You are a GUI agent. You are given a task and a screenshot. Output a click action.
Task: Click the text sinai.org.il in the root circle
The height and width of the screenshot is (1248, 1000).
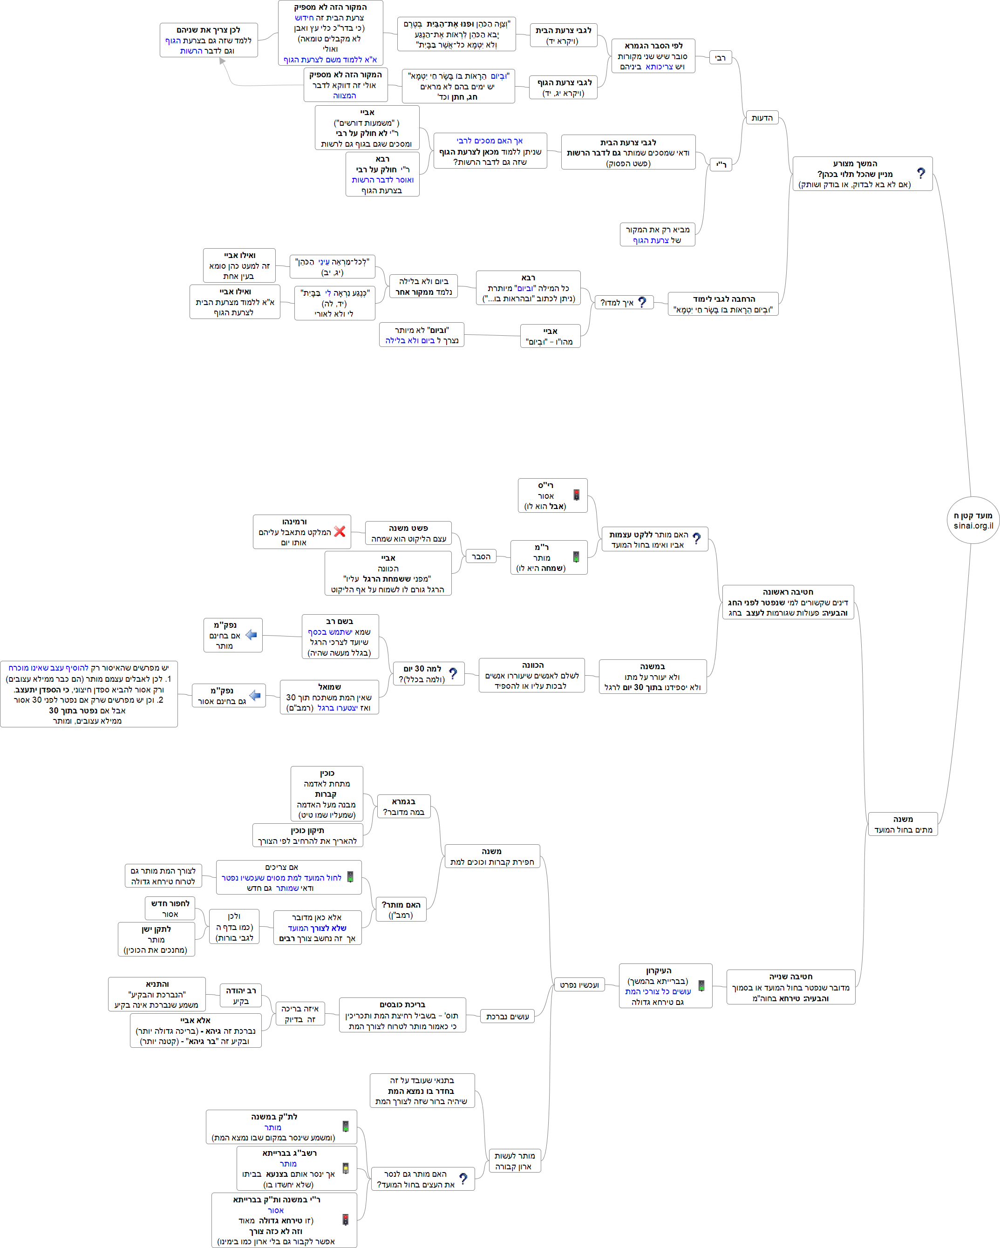(x=973, y=526)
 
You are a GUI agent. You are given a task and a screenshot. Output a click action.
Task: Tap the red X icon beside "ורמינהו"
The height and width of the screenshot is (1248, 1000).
(x=340, y=531)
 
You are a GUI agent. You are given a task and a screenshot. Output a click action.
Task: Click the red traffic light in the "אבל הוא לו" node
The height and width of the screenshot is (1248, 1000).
(x=576, y=495)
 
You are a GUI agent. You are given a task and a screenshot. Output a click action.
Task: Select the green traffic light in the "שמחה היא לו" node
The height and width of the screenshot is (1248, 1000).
(x=576, y=557)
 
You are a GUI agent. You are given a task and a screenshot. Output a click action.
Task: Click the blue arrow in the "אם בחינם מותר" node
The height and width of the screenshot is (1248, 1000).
(x=252, y=635)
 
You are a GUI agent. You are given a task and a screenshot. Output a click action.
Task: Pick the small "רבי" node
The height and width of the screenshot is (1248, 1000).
(x=721, y=58)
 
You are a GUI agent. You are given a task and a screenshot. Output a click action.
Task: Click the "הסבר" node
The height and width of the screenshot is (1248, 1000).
(x=481, y=556)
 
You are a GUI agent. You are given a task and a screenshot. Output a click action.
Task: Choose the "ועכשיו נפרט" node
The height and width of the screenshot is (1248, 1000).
(x=579, y=984)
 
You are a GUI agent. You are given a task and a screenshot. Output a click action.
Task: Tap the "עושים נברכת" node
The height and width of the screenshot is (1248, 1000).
(x=507, y=1017)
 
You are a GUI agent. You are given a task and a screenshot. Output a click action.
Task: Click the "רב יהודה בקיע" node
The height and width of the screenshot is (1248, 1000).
(x=240, y=996)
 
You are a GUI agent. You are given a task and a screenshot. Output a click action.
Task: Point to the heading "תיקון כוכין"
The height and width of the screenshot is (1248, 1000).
(x=307, y=831)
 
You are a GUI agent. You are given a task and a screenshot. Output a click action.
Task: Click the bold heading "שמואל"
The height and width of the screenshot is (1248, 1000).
(x=329, y=687)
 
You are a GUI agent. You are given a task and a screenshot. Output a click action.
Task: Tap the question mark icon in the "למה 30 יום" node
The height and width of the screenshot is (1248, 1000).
(x=453, y=673)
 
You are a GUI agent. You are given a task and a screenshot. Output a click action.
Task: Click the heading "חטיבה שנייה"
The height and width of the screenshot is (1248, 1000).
(x=790, y=977)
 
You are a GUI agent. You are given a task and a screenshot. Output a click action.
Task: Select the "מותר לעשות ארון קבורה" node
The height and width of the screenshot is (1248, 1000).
(x=514, y=1160)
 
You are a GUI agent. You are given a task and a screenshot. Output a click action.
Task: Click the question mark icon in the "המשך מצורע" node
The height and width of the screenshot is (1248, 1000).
(x=921, y=173)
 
